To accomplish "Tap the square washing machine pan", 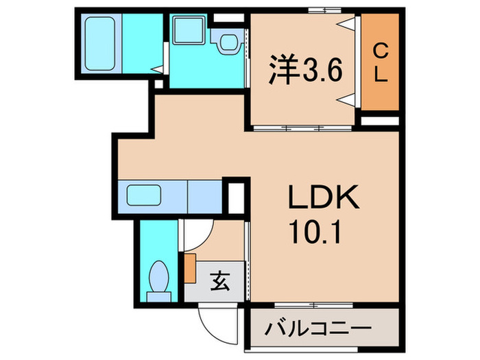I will [x=186, y=31].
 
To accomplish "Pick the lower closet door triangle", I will [x=348, y=100].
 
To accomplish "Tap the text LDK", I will [x=322, y=201].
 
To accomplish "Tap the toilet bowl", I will [x=160, y=280].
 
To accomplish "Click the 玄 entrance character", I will [x=218, y=280].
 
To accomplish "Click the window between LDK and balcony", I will [x=316, y=303].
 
